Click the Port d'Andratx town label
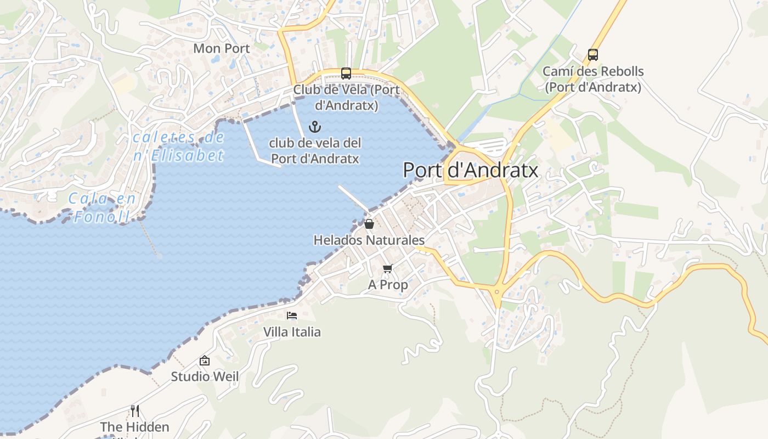coord(470,170)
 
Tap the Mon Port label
coord(222,48)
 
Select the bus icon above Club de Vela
coord(346,74)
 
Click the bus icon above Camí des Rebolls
coord(592,55)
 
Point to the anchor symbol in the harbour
coord(315,127)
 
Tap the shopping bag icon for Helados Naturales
coord(369,224)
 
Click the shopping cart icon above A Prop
coord(388,268)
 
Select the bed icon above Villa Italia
coord(292,316)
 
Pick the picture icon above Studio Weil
coord(205,361)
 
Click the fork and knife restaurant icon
coord(135,410)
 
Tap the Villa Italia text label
coord(292,332)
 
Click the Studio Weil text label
coord(205,376)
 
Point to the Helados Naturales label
coord(369,240)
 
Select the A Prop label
coord(388,285)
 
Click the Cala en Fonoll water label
coord(102,207)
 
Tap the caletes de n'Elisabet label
coord(179,147)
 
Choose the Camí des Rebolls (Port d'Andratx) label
coord(592,79)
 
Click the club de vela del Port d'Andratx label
coord(315,151)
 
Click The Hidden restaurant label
coord(135,427)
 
